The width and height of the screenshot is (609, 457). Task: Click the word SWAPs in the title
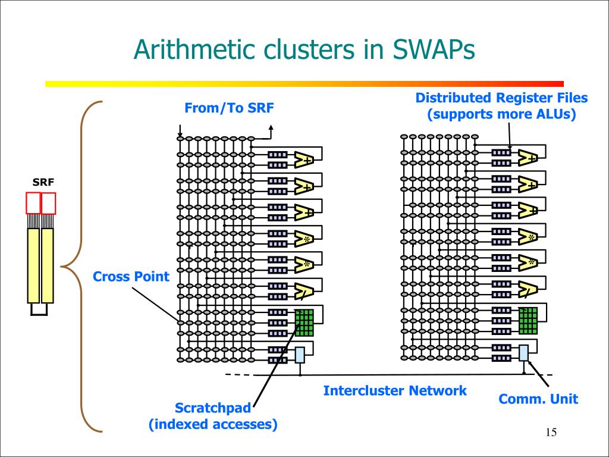point(434,49)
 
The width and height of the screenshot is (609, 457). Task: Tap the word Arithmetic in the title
point(194,49)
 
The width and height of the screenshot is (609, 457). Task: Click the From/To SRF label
point(229,108)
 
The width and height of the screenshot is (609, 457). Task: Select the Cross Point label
point(131,276)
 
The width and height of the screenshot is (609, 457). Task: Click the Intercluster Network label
point(395,390)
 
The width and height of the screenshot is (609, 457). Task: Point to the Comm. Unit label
point(538,399)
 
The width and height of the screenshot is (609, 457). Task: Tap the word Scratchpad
point(213,408)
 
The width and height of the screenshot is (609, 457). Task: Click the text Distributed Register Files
point(501,98)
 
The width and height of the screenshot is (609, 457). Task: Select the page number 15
point(551,433)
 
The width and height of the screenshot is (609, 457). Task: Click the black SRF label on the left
point(43,182)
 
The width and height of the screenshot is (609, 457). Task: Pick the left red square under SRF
point(33,203)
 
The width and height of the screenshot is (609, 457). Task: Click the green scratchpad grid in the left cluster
point(304,323)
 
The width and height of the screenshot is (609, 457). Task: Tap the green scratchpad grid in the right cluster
point(528,321)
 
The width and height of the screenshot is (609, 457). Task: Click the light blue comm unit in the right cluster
point(523,352)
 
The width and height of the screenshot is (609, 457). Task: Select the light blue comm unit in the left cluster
point(300,355)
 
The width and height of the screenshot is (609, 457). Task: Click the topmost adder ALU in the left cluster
point(303,159)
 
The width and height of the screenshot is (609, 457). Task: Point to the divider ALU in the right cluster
point(528,288)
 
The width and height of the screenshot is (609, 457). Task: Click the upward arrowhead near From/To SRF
point(271,127)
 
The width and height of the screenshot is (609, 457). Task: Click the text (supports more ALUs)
point(501,114)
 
